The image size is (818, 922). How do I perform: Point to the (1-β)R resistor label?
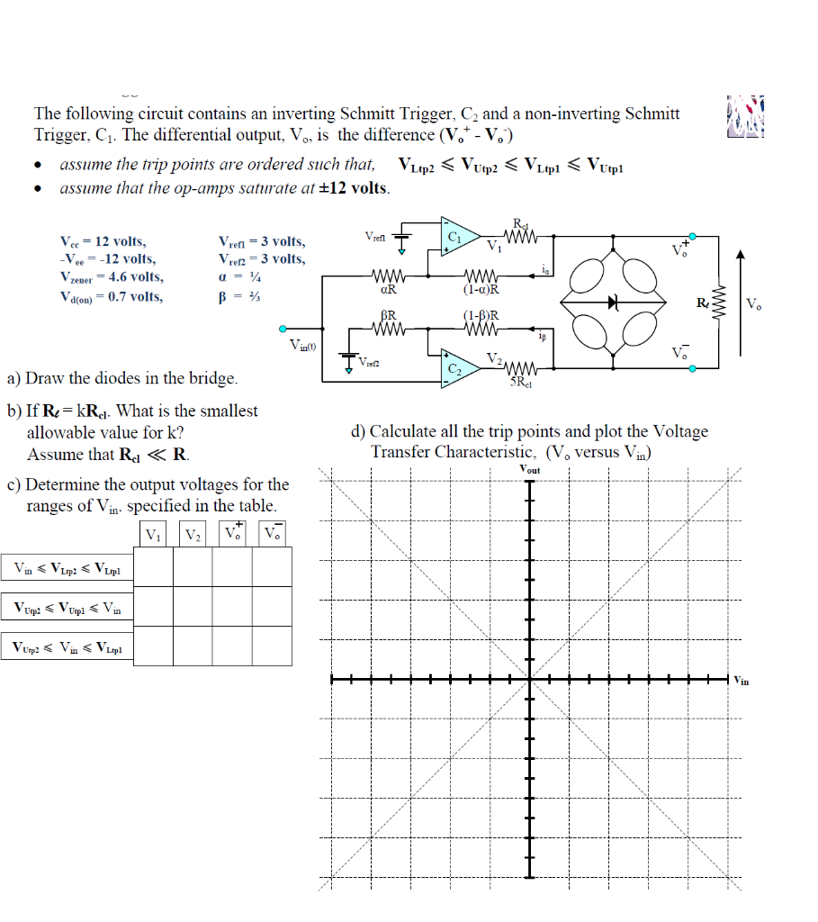(482, 316)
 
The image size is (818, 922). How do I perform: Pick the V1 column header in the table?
(154, 535)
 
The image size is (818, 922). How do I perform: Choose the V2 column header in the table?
(193, 535)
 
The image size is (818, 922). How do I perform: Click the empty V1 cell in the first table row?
(154, 567)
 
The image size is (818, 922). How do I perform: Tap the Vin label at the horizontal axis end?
(743, 680)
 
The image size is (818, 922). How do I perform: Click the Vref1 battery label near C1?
(375, 236)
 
